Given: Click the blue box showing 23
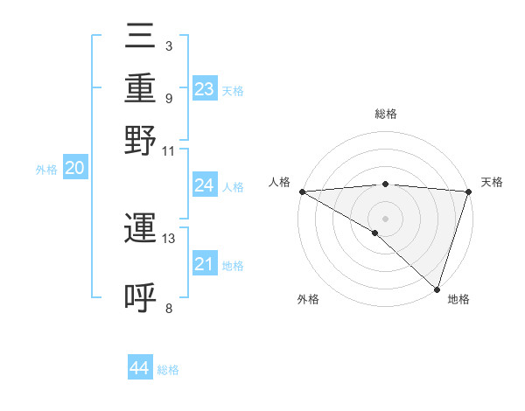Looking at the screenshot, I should [x=205, y=88].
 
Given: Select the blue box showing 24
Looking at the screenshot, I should [x=205, y=185].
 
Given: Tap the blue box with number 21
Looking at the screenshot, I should [x=205, y=263].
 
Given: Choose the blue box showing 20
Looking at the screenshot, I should [x=74, y=169].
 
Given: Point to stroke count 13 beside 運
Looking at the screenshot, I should [x=169, y=238].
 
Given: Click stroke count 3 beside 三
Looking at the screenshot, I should [x=168, y=45].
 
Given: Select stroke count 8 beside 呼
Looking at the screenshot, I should [x=168, y=308].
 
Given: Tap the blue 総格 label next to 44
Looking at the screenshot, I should [x=169, y=370].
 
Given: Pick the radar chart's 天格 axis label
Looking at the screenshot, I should [x=493, y=182].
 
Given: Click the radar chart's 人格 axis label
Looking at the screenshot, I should [x=279, y=182].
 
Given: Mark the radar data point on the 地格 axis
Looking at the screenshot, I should [x=437, y=289].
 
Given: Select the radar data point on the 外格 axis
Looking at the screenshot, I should [x=375, y=233].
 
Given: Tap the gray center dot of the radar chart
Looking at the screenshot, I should [x=385, y=218].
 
